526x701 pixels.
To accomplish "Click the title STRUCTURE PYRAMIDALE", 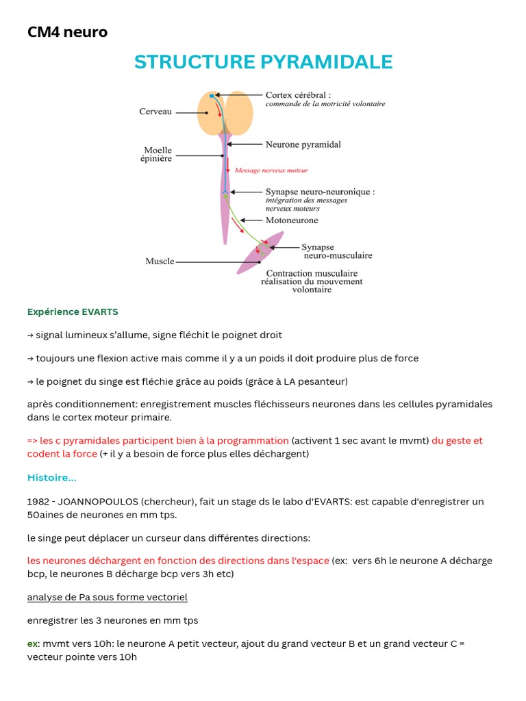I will pos(263,62).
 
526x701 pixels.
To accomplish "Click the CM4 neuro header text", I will pos(67,31).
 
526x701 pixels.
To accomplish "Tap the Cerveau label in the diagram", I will pos(155,112).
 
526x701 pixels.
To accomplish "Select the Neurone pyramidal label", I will pos(303,144).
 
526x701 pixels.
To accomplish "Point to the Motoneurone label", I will pos(292,220).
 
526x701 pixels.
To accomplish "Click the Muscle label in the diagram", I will pos(160,261).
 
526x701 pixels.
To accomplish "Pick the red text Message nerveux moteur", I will pos(271,170).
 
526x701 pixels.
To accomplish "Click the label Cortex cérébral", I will pos(298,95).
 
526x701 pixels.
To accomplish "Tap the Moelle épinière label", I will pos(158,155).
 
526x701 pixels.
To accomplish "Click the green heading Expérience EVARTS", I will pos(73,311).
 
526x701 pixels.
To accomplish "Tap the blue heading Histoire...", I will pos(51,477).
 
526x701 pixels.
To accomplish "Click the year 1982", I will pos(38,501).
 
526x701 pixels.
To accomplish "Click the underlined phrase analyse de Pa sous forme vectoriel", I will pos(108,597).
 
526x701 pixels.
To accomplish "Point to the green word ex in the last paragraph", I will pos(32,643).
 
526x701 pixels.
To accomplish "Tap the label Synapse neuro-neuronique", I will pos(320,192).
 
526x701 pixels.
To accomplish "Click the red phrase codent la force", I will pos(62,454).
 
